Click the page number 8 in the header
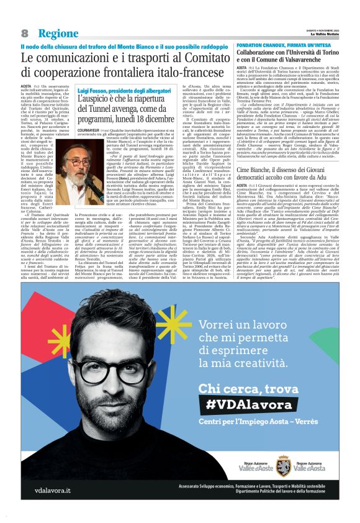pyautogui.click(x=25, y=33)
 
